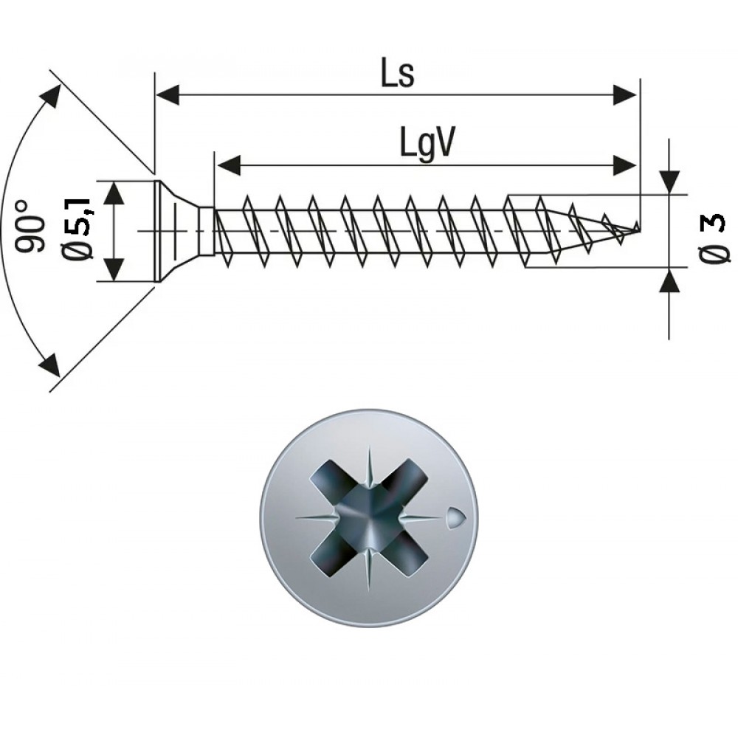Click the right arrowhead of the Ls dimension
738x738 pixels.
(x=626, y=94)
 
